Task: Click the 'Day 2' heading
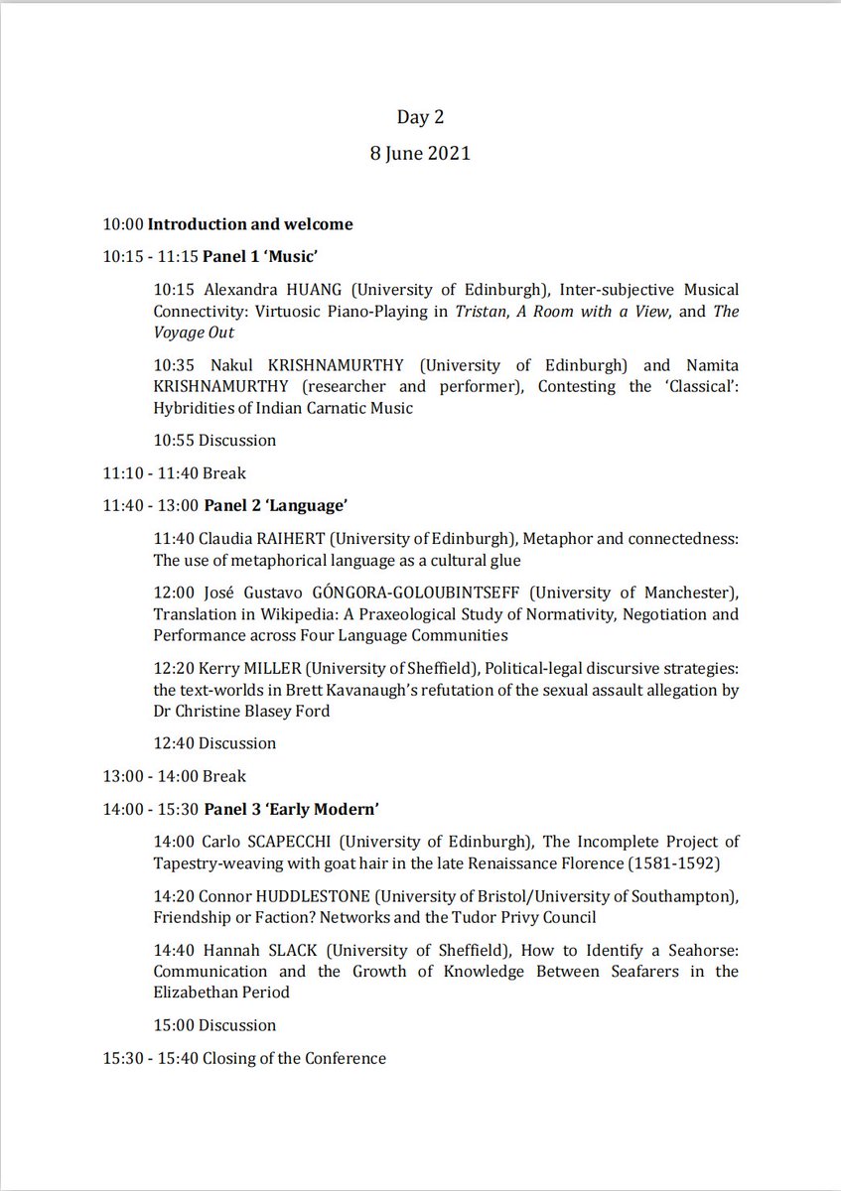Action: click(x=420, y=117)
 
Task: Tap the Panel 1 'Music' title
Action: click(x=260, y=257)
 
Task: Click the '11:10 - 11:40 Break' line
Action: click(x=174, y=472)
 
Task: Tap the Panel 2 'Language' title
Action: click(x=275, y=505)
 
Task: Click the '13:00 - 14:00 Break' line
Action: click(x=174, y=775)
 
